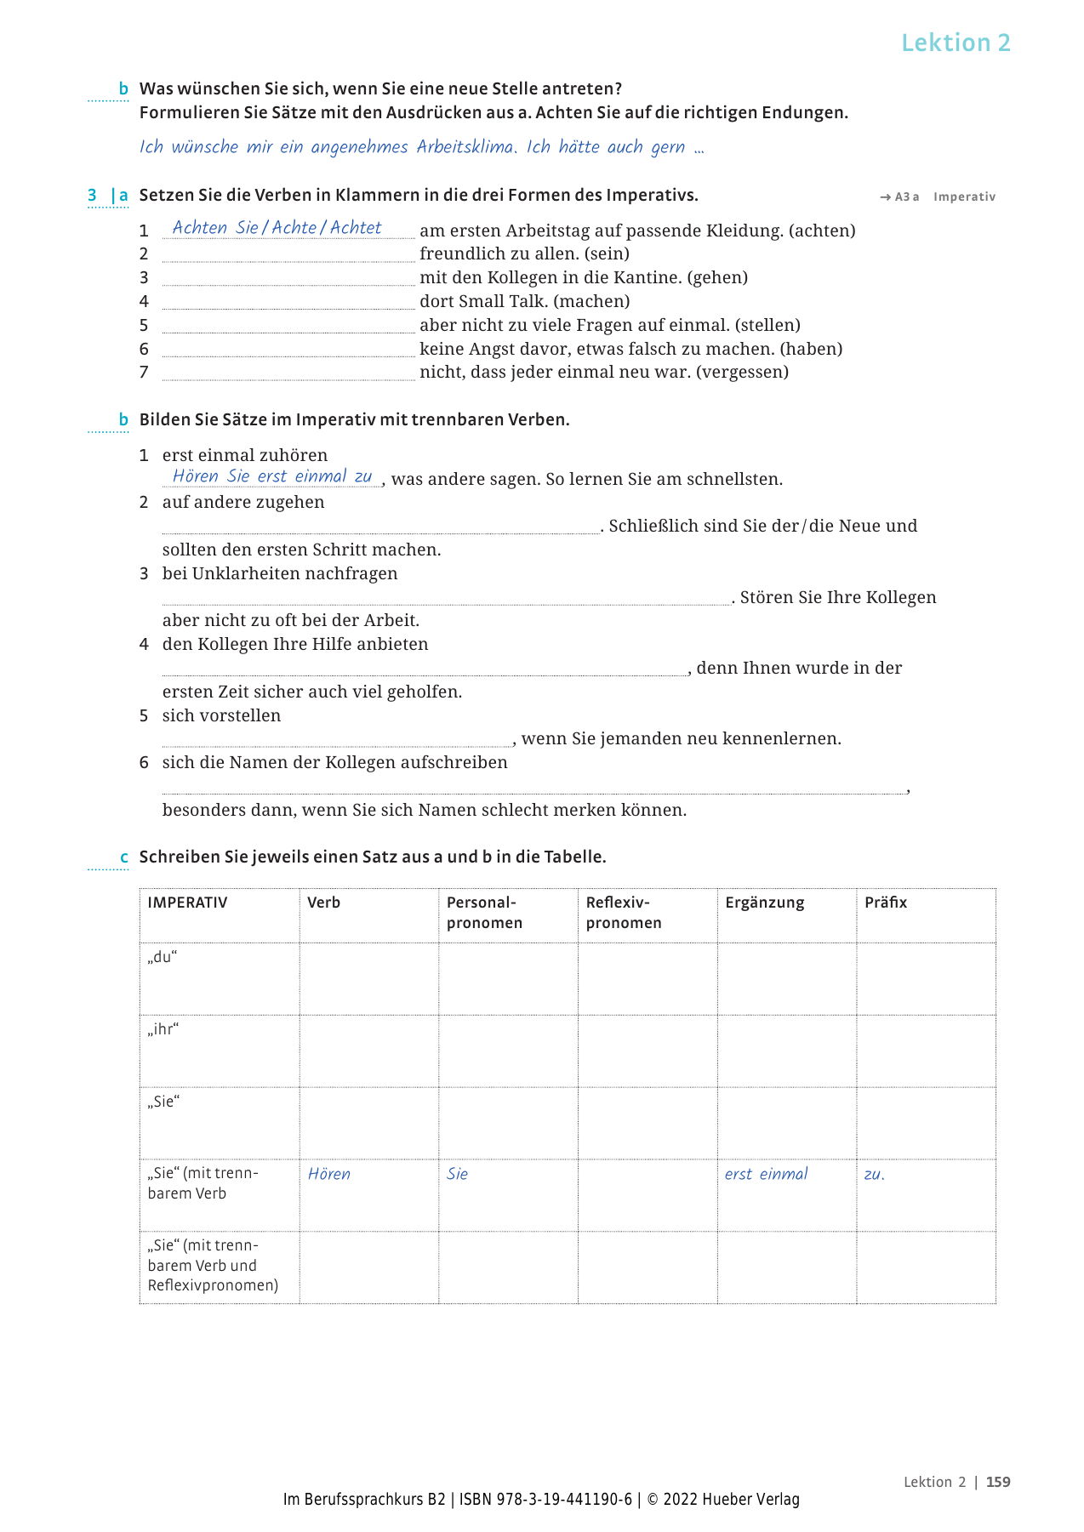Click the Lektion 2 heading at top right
point(956,43)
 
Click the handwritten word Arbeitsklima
point(465,147)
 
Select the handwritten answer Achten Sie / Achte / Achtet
point(277,228)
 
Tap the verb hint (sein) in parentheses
point(607,253)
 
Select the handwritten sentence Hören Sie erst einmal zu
point(272,476)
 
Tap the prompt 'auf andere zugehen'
point(243,502)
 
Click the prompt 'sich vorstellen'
point(221,715)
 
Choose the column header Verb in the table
point(323,903)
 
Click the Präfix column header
point(886,903)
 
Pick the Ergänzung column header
point(764,903)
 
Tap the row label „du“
point(162,957)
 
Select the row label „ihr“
point(163,1029)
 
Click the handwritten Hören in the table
point(329,1174)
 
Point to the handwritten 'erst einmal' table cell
point(766,1174)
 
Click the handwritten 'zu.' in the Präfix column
point(874,1175)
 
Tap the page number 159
point(998,1482)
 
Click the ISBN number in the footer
point(545,1500)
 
